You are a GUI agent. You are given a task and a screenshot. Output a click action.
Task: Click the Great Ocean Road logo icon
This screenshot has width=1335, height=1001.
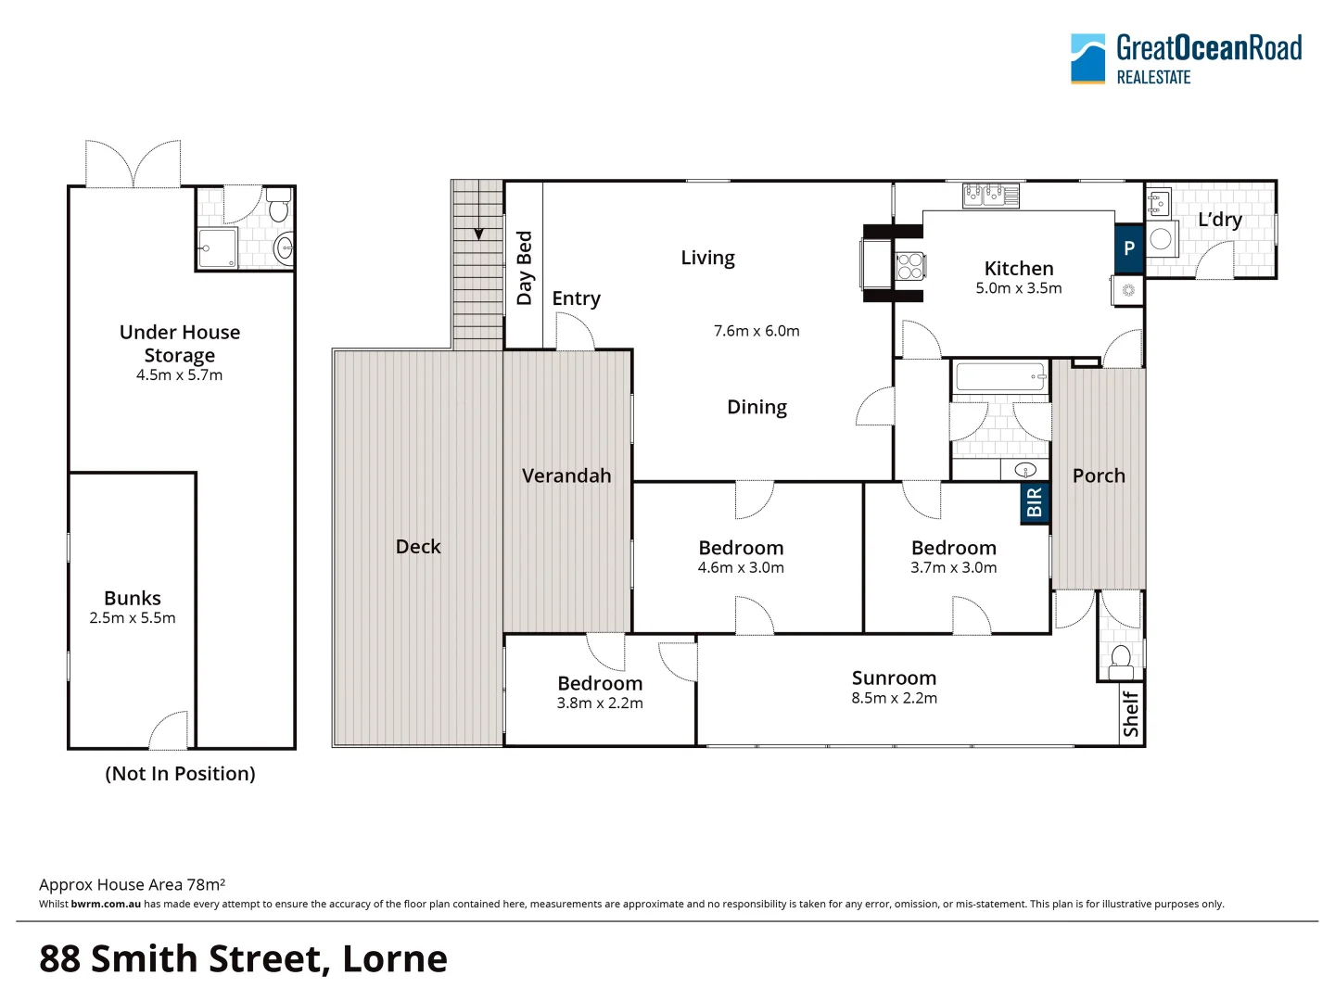tap(1087, 58)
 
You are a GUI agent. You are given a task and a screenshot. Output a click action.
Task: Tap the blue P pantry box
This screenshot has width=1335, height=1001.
tap(1128, 248)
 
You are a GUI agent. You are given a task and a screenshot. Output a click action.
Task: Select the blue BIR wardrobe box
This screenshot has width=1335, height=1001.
tap(1035, 503)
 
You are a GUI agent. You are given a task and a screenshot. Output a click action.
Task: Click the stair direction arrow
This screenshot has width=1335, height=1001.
tap(478, 234)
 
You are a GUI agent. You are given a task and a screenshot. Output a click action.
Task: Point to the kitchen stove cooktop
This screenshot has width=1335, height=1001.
tap(909, 266)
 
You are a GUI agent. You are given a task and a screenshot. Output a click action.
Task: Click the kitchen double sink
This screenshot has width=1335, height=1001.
tap(990, 195)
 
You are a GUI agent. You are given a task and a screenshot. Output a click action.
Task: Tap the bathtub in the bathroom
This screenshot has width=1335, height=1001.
tap(1000, 377)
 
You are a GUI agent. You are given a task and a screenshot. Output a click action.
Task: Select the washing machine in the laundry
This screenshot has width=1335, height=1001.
tap(1160, 238)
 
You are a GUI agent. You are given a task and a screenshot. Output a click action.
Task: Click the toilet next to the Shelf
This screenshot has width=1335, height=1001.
tap(1121, 660)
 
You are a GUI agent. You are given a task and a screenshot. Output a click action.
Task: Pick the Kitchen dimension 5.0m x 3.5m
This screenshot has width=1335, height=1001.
tap(1018, 288)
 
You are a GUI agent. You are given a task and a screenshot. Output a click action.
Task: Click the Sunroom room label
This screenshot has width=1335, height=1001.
tap(894, 678)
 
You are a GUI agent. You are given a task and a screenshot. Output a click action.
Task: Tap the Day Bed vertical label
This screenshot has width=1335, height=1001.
tap(525, 268)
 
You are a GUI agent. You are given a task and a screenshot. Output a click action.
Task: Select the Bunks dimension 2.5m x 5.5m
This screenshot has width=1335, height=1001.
tap(133, 618)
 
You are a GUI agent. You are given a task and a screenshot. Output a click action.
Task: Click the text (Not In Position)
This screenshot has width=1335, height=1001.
tap(180, 773)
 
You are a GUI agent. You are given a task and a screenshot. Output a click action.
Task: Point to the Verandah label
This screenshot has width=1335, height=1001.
tap(566, 475)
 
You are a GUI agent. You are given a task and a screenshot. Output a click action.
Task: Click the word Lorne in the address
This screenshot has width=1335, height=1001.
tap(395, 958)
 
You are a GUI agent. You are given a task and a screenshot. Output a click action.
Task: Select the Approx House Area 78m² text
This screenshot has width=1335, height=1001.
tap(132, 884)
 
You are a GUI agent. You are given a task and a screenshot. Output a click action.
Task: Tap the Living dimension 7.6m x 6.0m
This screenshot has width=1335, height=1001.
tap(756, 331)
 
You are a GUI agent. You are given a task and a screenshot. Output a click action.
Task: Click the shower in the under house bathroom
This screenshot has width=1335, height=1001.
tap(218, 248)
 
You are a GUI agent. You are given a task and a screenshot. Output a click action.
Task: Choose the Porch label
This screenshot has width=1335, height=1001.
tap(1099, 475)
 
